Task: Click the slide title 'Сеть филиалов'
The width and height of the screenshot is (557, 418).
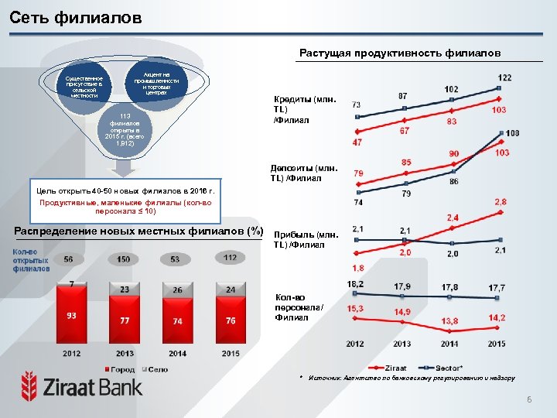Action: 76,17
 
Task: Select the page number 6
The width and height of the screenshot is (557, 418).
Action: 528,399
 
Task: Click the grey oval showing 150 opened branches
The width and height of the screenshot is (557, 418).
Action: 124,259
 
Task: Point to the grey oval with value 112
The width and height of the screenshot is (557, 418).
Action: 230,258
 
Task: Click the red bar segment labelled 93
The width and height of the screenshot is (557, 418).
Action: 71,317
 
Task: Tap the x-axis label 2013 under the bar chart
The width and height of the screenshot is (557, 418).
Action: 124,353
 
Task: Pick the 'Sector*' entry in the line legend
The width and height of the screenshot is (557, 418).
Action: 443,368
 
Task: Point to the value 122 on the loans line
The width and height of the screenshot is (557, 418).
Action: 504,78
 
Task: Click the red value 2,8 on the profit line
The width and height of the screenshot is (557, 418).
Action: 500,202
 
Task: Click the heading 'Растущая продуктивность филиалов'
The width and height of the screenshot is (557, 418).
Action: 400,53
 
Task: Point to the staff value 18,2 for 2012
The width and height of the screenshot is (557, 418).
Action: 356,285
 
